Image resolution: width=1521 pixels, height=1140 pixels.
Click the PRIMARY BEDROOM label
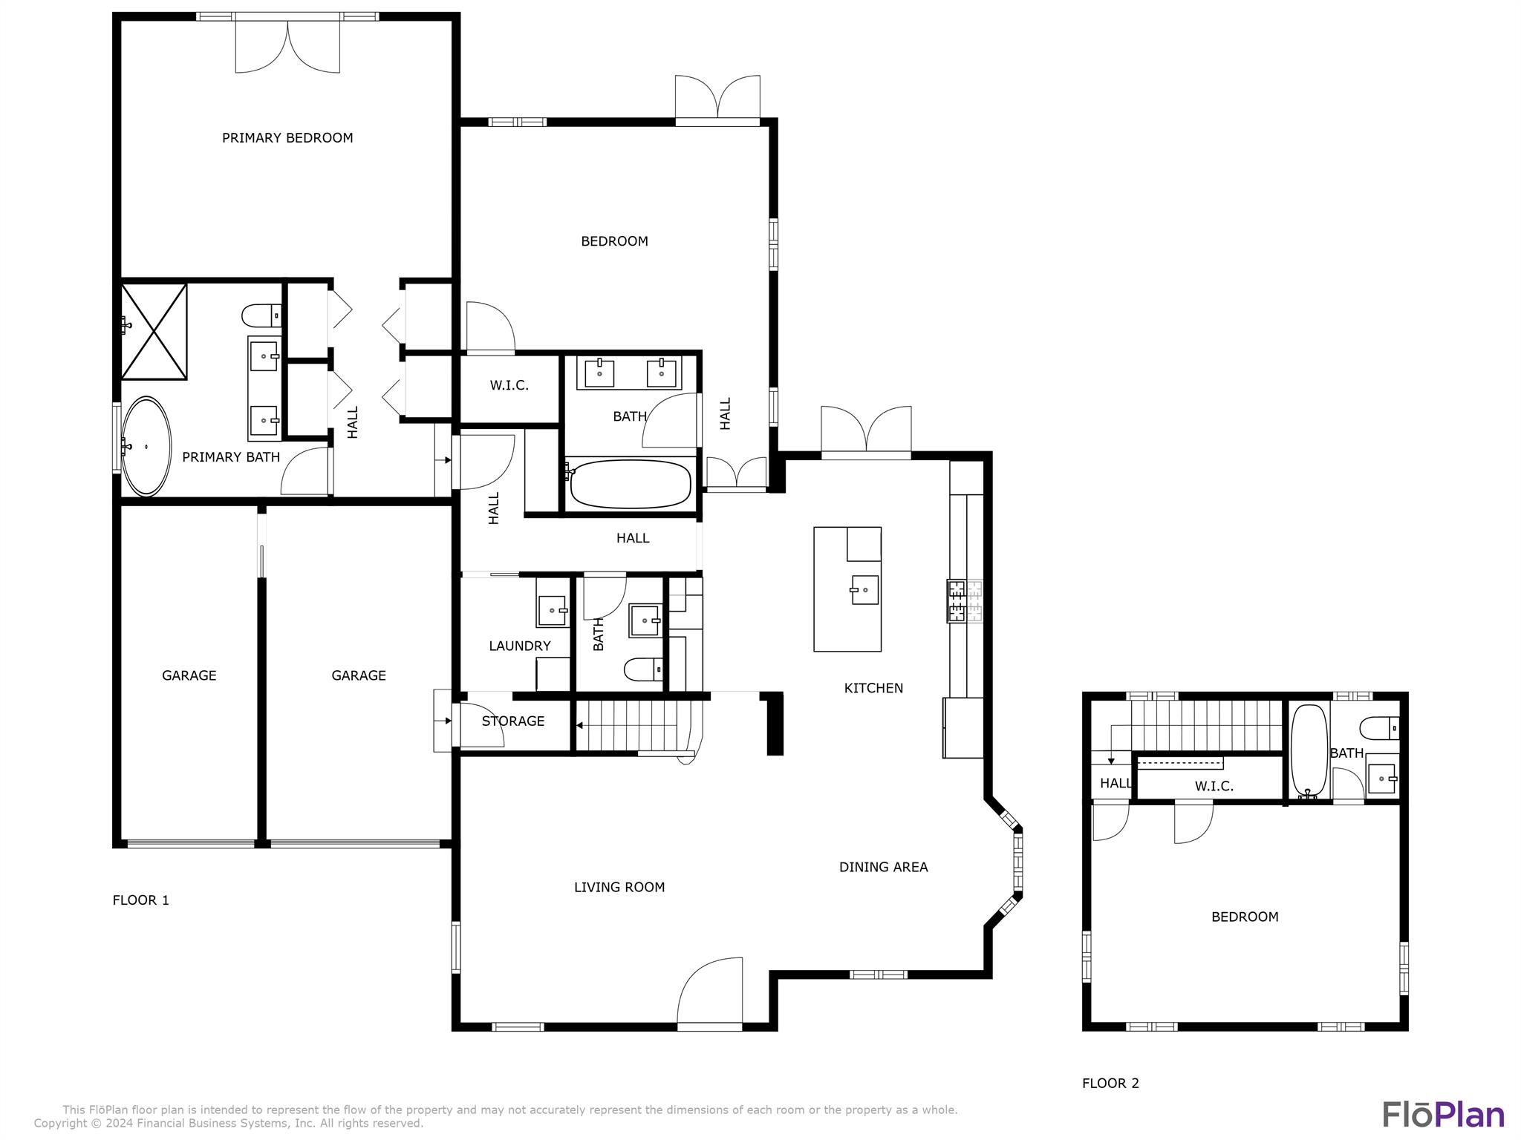287,138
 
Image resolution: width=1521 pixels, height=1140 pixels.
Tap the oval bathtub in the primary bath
146,446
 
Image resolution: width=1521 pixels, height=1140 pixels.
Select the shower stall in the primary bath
154,331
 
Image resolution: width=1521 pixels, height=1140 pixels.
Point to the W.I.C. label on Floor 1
509,385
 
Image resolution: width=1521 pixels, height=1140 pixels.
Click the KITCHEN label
873,688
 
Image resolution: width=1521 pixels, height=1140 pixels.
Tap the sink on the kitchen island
864,590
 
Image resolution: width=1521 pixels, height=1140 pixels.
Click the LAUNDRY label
520,646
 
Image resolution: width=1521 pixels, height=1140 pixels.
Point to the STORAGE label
513,721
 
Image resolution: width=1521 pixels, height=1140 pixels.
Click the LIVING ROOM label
619,887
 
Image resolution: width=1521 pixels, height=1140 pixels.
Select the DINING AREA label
883,867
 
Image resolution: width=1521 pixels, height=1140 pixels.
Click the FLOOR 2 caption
1110,1083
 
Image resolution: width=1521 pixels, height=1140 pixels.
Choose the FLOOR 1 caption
141,900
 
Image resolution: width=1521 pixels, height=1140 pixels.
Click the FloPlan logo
1443,1115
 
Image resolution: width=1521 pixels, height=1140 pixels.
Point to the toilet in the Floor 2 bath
1381,727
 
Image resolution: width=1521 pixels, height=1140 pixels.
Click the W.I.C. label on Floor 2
1214,786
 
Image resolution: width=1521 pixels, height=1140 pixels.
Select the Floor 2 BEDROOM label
1245,917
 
